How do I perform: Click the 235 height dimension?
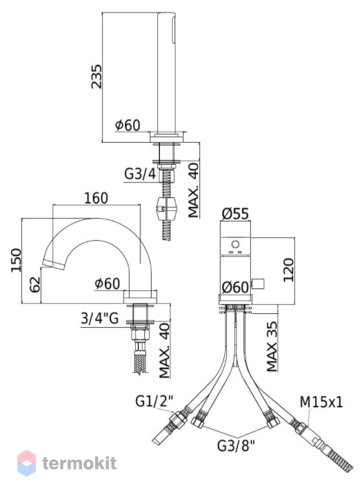click(x=97, y=77)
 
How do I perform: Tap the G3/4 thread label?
click(x=140, y=174)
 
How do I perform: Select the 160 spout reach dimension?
click(x=96, y=198)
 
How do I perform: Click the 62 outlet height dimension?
click(x=35, y=284)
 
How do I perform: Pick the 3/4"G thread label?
click(x=99, y=318)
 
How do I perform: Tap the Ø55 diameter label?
click(x=235, y=214)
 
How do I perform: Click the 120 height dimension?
click(x=288, y=270)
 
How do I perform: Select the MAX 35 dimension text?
click(x=272, y=346)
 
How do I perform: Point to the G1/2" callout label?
click(x=154, y=402)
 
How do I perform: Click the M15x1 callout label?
click(x=321, y=402)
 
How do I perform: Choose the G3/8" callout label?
click(x=236, y=446)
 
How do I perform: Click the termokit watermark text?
click(x=79, y=463)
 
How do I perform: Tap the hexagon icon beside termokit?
click(x=26, y=463)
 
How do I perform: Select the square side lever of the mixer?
click(x=258, y=284)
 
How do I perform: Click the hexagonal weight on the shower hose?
click(x=166, y=208)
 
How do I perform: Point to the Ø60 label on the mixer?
click(x=235, y=287)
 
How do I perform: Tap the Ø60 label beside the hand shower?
click(x=128, y=125)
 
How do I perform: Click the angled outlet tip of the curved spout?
click(x=53, y=265)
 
